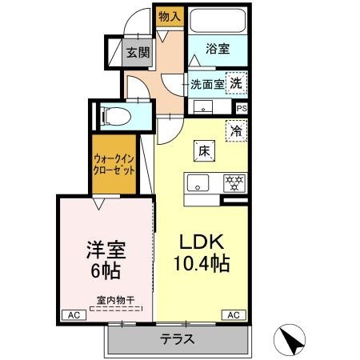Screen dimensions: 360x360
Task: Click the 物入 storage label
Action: point(170,17)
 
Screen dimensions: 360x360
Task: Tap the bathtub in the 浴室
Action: point(218,21)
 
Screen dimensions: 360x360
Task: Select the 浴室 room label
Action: point(218,49)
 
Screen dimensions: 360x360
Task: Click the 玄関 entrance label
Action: point(138,53)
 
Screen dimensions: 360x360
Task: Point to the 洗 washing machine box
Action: point(236,83)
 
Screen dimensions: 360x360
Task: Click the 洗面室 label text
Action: point(207,85)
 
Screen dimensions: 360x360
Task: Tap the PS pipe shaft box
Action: point(242,109)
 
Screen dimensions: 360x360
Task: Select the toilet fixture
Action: point(116,116)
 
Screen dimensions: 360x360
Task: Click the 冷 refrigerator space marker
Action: point(236,131)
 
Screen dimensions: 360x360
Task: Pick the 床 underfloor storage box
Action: point(204,151)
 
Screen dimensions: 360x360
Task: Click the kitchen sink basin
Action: point(198,183)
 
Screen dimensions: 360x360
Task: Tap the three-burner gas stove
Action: point(234,183)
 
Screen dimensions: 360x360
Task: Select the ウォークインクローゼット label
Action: point(114,165)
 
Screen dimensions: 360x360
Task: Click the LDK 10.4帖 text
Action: point(202,253)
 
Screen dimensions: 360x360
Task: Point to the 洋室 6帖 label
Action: point(106,260)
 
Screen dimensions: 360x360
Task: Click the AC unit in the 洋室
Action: point(74,315)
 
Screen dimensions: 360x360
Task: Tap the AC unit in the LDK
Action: point(234,315)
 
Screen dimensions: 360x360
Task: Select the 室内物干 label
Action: point(115,301)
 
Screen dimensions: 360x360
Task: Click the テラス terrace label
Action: point(177,339)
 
